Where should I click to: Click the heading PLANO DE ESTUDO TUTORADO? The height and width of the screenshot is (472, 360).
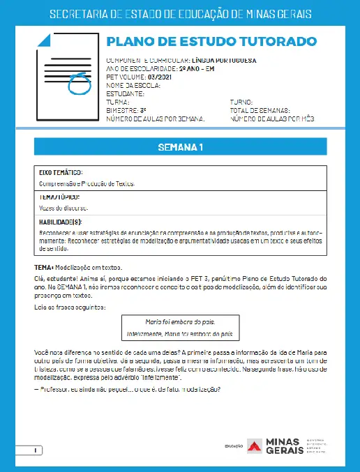click(204, 43)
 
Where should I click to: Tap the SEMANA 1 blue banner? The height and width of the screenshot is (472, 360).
click(180, 147)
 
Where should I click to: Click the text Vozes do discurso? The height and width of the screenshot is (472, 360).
click(63, 208)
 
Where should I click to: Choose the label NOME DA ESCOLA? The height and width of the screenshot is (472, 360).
click(133, 85)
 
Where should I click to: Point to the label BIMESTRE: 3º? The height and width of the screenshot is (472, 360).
click(126, 110)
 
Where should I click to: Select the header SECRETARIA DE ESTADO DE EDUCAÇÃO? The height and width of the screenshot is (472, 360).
click(180, 15)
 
